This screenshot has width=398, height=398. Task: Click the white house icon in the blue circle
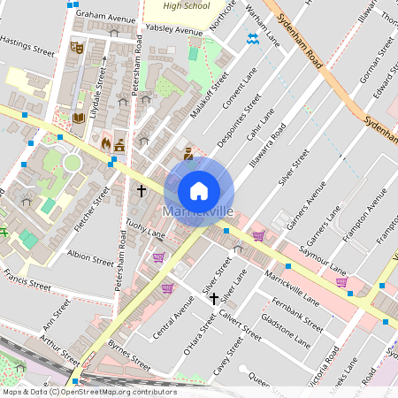pos(199,190)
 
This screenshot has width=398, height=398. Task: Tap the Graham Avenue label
pos(105,16)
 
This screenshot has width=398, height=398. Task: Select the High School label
pos(187,5)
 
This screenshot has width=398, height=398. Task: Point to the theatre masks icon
pos(76,46)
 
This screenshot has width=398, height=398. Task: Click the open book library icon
pos(78,117)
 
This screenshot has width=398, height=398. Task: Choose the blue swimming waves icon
pos(253,38)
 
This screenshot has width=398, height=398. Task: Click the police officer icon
pos(188,154)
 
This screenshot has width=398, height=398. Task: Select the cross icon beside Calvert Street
pos(212,299)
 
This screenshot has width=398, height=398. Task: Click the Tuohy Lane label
pos(145,230)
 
